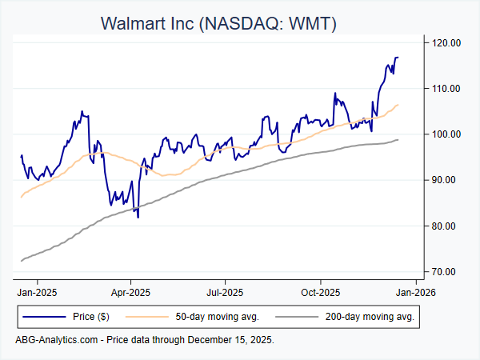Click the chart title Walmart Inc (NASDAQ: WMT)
218,23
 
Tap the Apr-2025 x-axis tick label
130,292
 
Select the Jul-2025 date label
224,292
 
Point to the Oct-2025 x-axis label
320,292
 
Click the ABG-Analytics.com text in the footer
56,340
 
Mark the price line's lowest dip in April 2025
138,217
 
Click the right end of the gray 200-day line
398,140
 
